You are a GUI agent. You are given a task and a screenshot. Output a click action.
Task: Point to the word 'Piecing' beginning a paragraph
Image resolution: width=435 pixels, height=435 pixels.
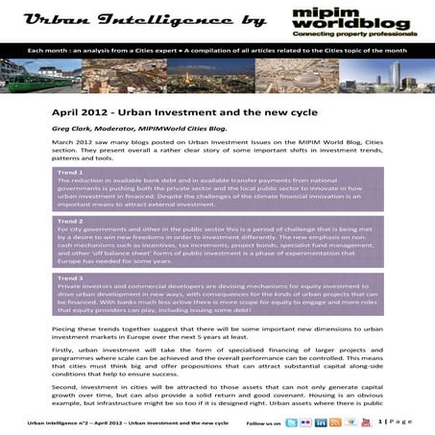point(63,327)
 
